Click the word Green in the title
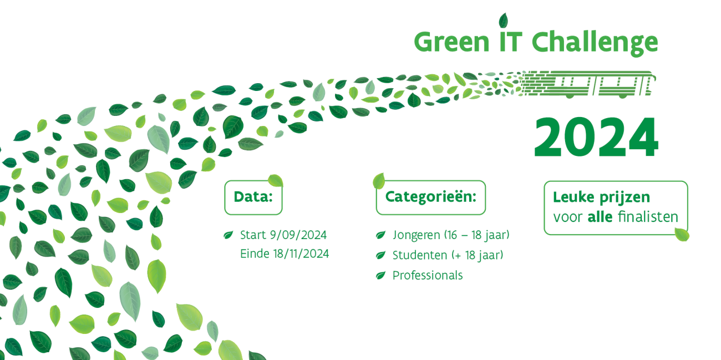(451, 42)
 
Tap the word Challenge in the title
(595, 43)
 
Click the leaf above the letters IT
(503, 21)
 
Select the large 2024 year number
(596, 137)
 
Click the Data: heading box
(253, 197)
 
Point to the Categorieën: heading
(431, 197)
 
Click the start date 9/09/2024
(298, 235)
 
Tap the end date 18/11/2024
(301, 253)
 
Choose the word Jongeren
(416, 235)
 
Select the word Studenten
(420, 255)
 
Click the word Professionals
(428, 275)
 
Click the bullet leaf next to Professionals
(380, 275)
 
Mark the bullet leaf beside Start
(228, 235)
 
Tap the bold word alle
(600, 217)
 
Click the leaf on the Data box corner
(276, 180)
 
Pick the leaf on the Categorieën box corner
(379, 181)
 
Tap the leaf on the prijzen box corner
(682, 235)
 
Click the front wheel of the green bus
(622, 96)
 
